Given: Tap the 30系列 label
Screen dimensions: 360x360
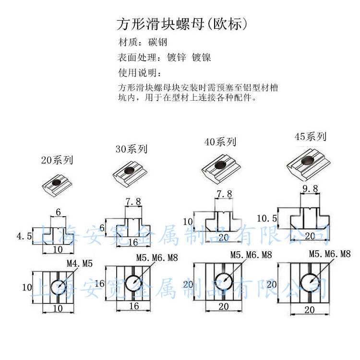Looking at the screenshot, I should pyautogui.click(x=131, y=149).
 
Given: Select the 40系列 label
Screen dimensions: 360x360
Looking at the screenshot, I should pyautogui.click(x=220, y=142).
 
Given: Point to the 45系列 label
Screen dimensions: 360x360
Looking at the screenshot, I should pyautogui.click(x=310, y=137).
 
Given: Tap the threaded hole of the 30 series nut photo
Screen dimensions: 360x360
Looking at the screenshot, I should pyautogui.click(x=130, y=170).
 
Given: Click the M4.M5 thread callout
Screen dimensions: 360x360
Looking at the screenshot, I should pyautogui.click(x=79, y=263).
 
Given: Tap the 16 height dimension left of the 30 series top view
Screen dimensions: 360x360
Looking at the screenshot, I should pyautogui.click(x=99, y=283).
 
